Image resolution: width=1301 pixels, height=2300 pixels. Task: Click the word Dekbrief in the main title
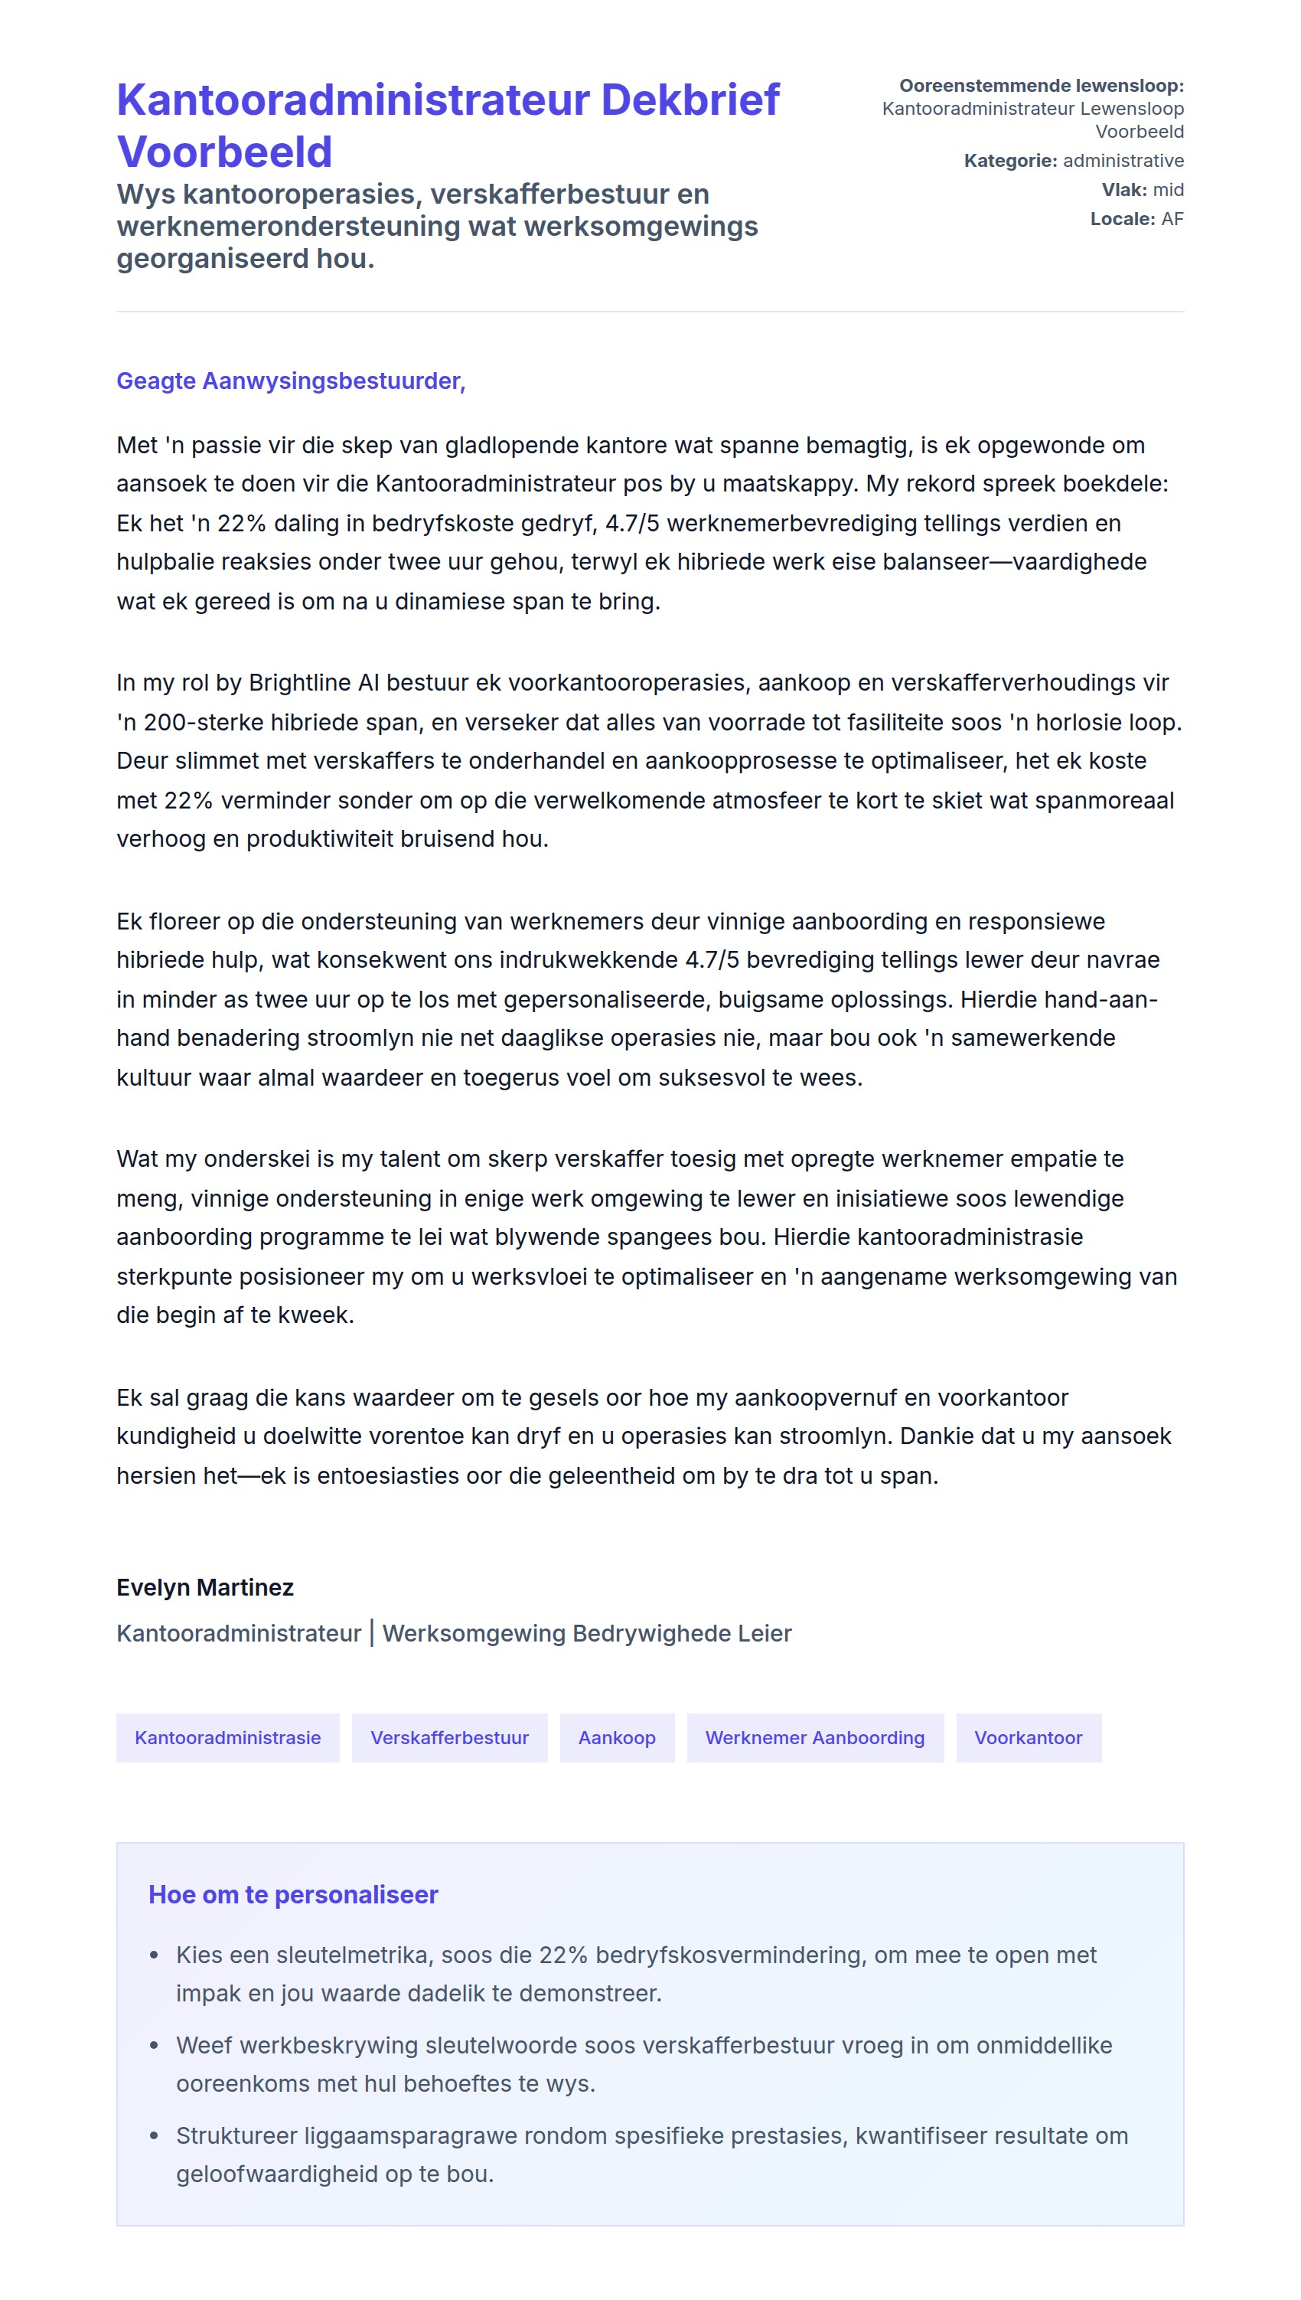690,100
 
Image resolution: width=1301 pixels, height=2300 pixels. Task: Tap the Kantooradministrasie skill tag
227,1738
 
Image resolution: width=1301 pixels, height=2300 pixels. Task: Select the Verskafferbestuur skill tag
449,1738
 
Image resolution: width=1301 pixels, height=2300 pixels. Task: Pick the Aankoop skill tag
617,1738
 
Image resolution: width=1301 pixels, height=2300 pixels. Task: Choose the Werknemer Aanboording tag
814,1738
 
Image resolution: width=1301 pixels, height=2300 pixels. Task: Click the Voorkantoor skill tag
1028,1738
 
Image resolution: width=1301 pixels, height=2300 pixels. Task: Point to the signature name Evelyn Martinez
204,1586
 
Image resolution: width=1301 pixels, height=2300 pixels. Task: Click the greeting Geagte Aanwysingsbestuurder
290,381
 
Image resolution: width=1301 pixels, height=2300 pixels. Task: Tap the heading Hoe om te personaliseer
293,1894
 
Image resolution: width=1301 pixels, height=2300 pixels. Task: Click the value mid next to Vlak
1168,190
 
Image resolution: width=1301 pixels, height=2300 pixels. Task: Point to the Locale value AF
1172,219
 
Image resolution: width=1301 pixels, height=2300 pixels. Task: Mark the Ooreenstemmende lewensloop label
1041,86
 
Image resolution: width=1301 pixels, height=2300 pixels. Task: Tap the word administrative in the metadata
1123,161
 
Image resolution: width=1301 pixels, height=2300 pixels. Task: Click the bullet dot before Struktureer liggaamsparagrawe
155,2135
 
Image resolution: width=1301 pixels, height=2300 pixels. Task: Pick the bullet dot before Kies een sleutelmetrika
155,1955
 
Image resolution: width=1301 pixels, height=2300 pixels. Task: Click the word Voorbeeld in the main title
224,151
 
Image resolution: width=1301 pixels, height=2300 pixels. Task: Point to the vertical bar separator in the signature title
372,1633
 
